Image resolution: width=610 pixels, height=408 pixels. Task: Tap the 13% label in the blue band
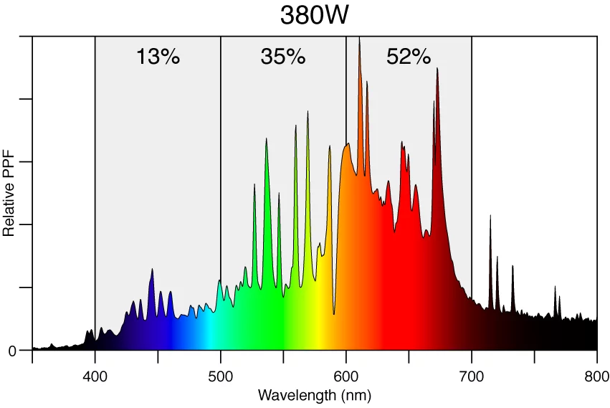(x=158, y=57)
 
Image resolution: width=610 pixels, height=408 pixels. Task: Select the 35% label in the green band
(x=283, y=57)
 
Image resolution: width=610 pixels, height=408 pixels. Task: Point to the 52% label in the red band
(x=409, y=57)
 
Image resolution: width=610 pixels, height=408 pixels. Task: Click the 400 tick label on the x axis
(x=95, y=377)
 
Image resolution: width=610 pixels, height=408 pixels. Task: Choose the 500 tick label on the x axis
(x=221, y=377)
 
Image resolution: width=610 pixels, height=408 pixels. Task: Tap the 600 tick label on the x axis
(x=346, y=377)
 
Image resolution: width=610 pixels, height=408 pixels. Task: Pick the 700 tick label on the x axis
(x=472, y=377)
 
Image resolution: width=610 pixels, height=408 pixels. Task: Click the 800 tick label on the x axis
(x=597, y=377)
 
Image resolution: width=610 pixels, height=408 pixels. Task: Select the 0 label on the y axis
(x=12, y=351)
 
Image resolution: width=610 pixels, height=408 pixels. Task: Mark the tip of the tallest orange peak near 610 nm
(x=359, y=39)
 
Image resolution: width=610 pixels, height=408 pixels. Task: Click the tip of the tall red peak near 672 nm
(x=437, y=68)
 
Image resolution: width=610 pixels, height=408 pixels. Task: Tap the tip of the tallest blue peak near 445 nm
(x=152, y=269)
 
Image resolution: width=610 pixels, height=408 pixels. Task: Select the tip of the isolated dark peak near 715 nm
(x=491, y=215)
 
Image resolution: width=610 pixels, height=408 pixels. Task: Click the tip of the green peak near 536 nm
(x=266, y=138)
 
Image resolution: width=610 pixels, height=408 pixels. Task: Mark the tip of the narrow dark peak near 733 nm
(x=513, y=266)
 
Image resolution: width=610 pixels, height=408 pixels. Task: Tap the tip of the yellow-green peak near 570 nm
(x=308, y=111)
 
